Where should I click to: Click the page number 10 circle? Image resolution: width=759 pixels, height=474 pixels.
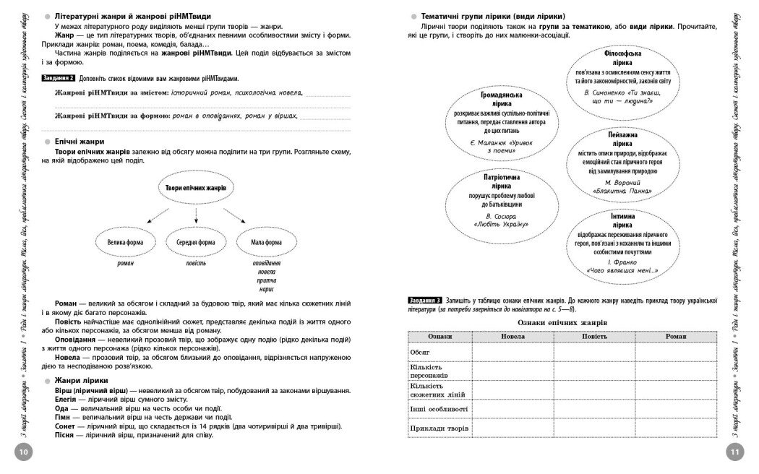22,452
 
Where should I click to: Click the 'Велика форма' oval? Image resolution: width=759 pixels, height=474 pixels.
126,243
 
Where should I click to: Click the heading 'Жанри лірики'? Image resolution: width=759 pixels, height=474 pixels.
81,380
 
